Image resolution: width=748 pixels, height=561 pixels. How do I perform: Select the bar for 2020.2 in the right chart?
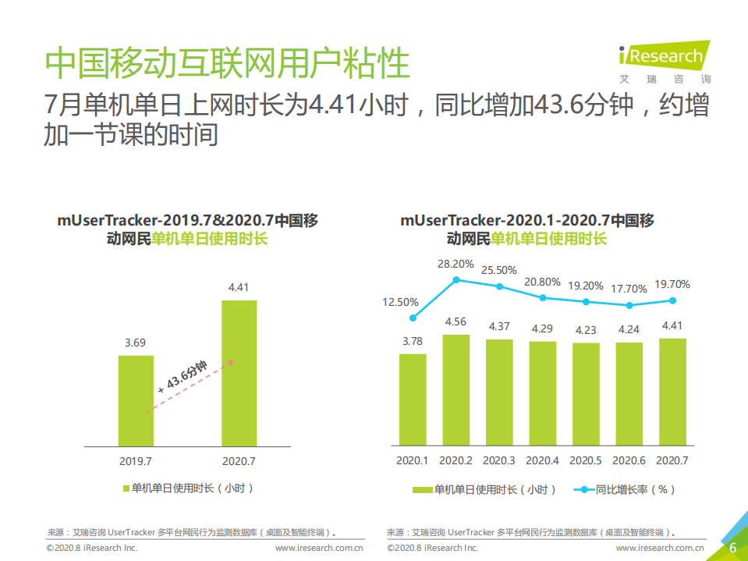point(456,390)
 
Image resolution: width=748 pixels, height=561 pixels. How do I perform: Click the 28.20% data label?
point(456,264)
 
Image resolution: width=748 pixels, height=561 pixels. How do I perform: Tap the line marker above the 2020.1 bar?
point(413,318)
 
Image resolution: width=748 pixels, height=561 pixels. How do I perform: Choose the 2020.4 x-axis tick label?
point(542,460)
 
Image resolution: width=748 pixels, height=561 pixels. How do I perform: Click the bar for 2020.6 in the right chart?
point(629,394)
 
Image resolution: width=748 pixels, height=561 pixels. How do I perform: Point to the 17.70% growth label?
point(629,289)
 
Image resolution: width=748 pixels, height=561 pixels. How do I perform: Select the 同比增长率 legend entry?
point(624,490)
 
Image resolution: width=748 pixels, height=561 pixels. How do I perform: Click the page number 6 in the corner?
point(732,548)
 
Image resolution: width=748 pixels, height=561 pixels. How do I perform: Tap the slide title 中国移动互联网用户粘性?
point(227,63)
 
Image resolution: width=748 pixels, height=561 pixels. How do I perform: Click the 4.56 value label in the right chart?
point(456,322)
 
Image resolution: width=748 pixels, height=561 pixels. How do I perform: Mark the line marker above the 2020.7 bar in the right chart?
point(672,300)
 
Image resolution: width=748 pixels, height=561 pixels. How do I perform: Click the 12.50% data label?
point(400,302)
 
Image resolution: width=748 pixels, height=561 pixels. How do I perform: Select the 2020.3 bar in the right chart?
point(499,392)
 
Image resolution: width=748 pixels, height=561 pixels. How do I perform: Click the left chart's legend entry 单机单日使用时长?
point(189,488)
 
